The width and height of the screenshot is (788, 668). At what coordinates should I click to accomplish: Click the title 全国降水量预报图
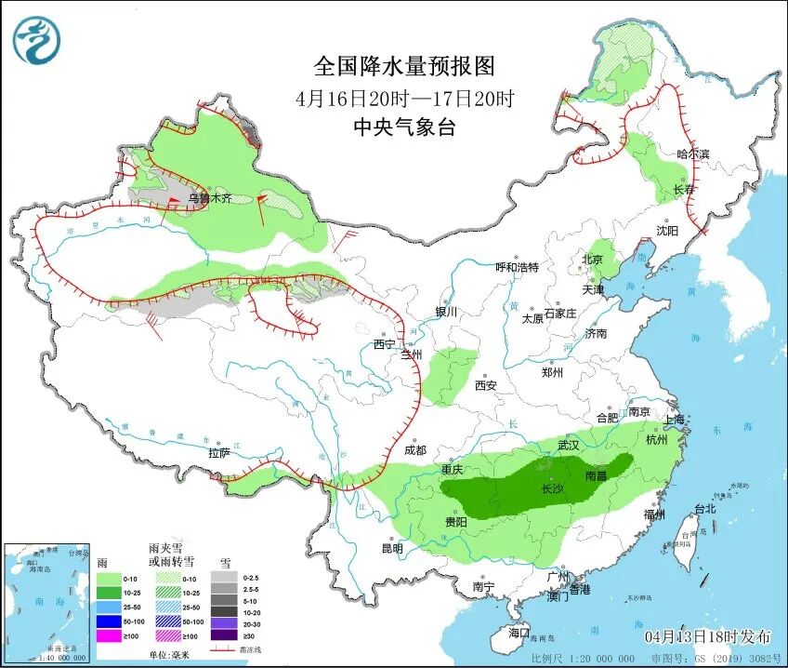click(x=404, y=66)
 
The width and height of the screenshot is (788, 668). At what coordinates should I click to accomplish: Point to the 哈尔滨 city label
click(x=692, y=154)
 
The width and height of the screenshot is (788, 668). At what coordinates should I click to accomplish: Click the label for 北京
click(x=592, y=259)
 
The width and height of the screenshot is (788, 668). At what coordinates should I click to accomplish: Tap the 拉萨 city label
click(x=218, y=453)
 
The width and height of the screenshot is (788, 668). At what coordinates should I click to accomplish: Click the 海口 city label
click(x=519, y=633)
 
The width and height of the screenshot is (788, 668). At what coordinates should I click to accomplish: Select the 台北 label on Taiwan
click(x=705, y=509)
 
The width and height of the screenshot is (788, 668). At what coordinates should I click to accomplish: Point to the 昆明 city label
click(x=391, y=548)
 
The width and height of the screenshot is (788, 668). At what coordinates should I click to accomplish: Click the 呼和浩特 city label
click(x=517, y=267)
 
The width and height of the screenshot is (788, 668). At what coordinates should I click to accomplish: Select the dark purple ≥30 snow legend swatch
click(x=223, y=635)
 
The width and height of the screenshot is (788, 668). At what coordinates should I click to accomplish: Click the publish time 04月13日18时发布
click(x=708, y=636)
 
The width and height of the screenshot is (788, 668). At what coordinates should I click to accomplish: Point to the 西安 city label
click(x=486, y=385)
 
